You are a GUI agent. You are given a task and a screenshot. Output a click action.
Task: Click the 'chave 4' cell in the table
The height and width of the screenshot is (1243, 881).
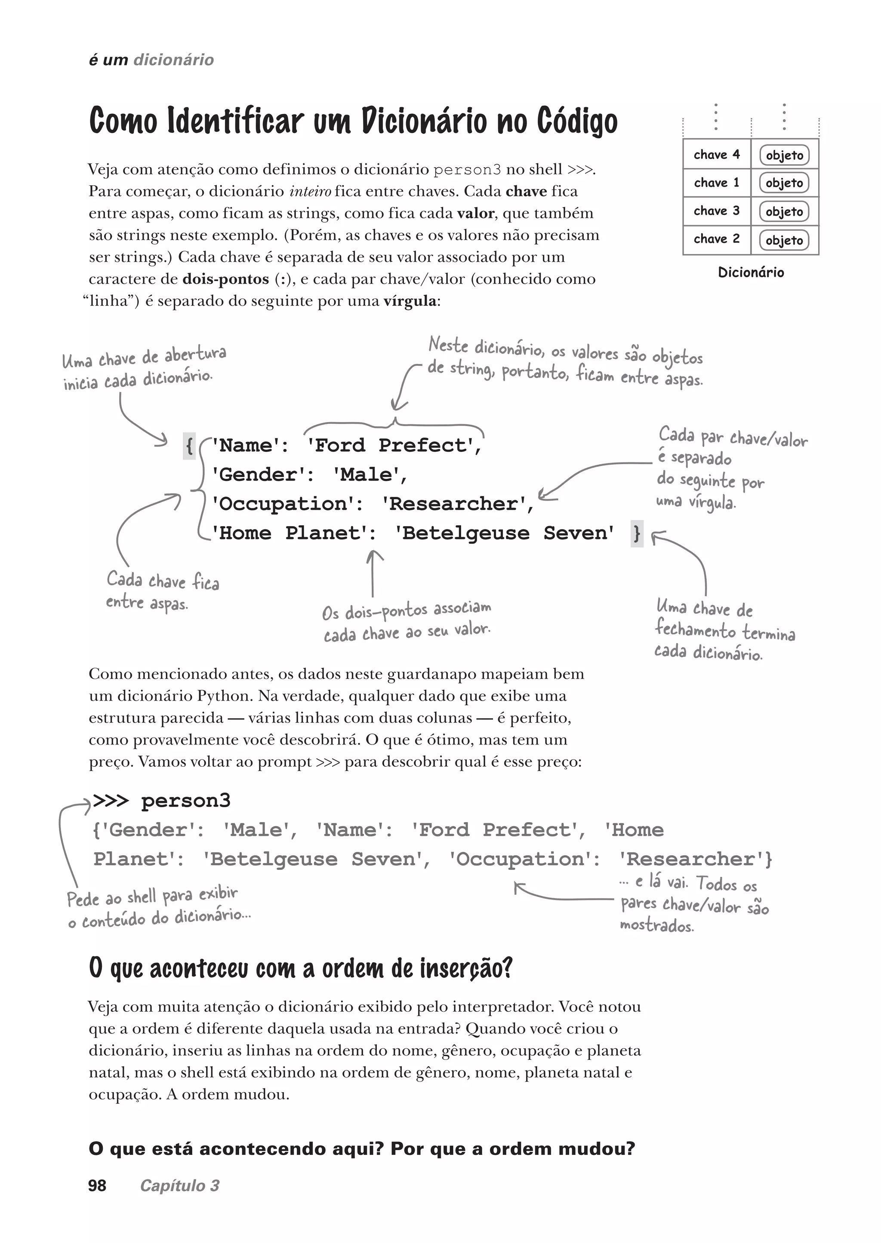[716, 154]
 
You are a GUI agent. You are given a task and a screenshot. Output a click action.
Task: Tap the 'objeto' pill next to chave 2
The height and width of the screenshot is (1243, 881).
[784, 240]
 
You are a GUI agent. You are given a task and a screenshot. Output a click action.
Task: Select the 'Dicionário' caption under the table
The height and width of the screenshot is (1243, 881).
[750, 272]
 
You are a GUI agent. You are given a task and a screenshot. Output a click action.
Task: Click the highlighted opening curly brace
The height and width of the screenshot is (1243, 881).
[189, 446]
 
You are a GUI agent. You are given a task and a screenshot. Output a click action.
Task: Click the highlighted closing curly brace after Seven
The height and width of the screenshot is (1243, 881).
[637, 533]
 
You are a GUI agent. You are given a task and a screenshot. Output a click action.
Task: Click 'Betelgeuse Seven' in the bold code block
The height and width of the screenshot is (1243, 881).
[505, 533]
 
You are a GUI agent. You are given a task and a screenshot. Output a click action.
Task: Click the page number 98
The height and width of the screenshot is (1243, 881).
[97, 1185]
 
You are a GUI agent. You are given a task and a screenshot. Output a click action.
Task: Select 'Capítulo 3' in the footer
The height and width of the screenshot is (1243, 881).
[179, 1185]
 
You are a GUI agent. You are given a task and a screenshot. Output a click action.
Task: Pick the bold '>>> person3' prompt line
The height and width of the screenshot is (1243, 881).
[162, 801]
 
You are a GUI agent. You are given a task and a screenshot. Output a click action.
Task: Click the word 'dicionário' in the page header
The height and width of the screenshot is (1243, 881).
[174, 60]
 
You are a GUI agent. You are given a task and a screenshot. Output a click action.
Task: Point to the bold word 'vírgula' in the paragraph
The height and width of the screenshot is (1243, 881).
[410, 301]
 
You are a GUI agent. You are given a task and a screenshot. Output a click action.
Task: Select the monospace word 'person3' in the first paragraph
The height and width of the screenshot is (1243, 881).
[467, 170]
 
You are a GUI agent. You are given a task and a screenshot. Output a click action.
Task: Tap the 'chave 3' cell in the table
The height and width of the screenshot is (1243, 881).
[716, 211]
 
